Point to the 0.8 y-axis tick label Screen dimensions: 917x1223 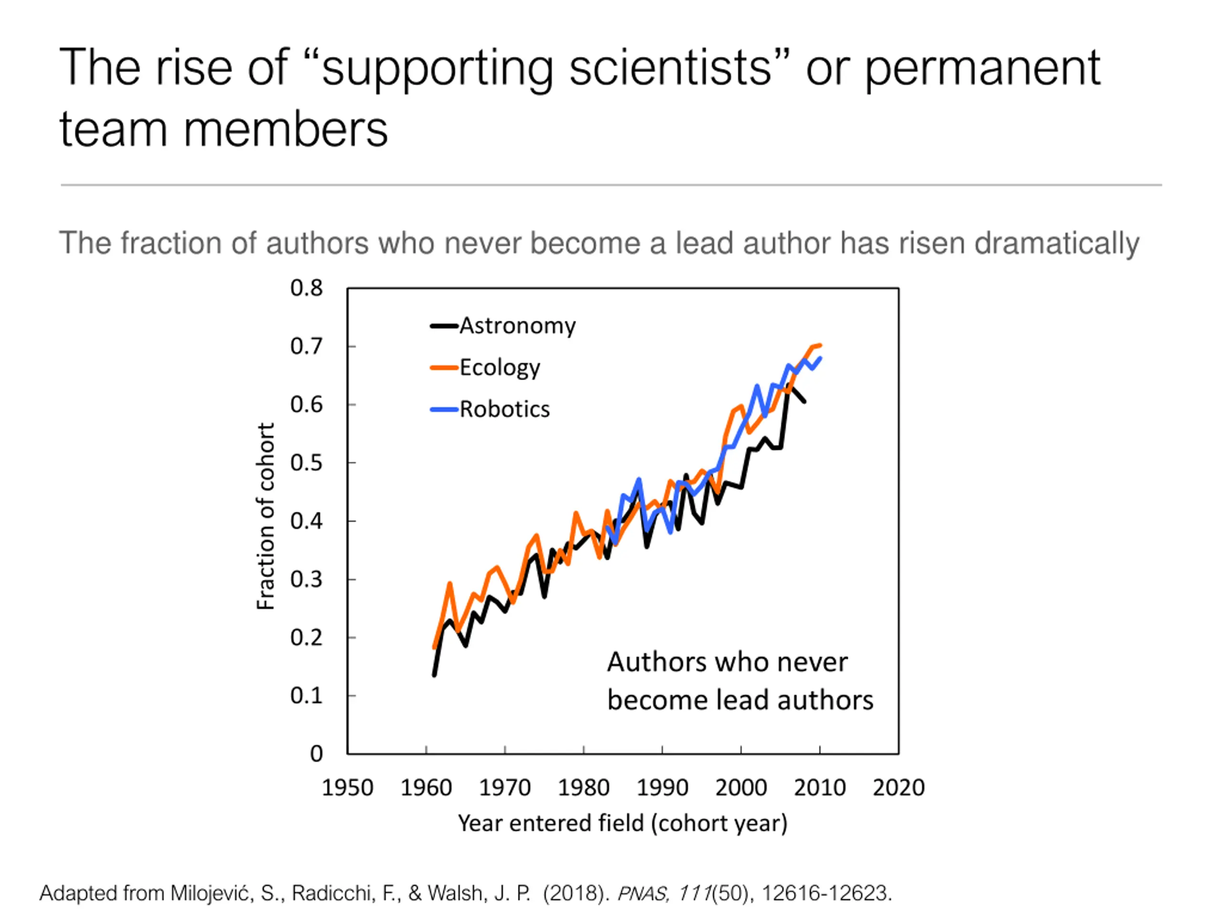coord(306,288)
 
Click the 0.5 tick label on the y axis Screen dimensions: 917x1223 coord(306,463)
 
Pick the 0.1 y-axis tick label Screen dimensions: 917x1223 coord(306,695)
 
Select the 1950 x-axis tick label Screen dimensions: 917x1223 coord(347,787)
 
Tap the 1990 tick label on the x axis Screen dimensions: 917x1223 coord(662,787)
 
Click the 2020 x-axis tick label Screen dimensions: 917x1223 coord(899,787)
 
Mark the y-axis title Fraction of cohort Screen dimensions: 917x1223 coord(266,516)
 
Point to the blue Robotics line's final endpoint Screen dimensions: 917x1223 coord(820,358)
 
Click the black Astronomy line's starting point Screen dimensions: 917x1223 coord(435,675)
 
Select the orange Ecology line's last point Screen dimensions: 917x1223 coord(820,345)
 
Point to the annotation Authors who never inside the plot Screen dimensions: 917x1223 coord(727,662)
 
